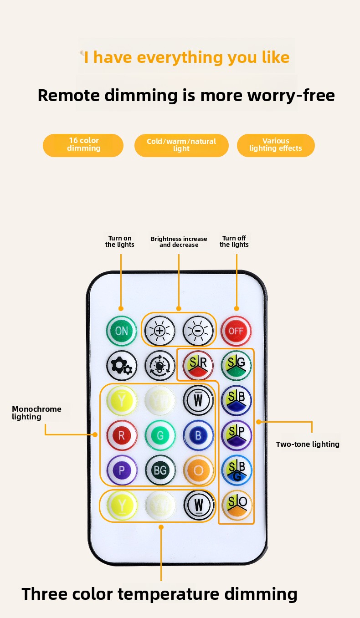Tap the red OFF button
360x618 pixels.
coord(236,331)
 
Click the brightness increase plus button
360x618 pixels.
coord(159,331)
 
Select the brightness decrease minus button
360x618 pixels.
coord(198,331)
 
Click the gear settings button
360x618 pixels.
coord(122,366)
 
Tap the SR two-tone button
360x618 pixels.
coord(198,366)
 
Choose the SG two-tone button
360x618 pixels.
coord(236,366)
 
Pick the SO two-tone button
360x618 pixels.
coord(237,505)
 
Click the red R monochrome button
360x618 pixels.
coord(122,436)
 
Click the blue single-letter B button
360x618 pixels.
coord(198,436)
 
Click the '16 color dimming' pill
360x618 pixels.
coord(83,145)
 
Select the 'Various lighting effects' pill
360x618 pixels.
coord(276,145)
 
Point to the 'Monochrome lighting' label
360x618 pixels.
coord(36,413)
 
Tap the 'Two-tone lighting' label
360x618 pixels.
coord(308,444)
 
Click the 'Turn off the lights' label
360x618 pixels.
coord(234,241)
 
